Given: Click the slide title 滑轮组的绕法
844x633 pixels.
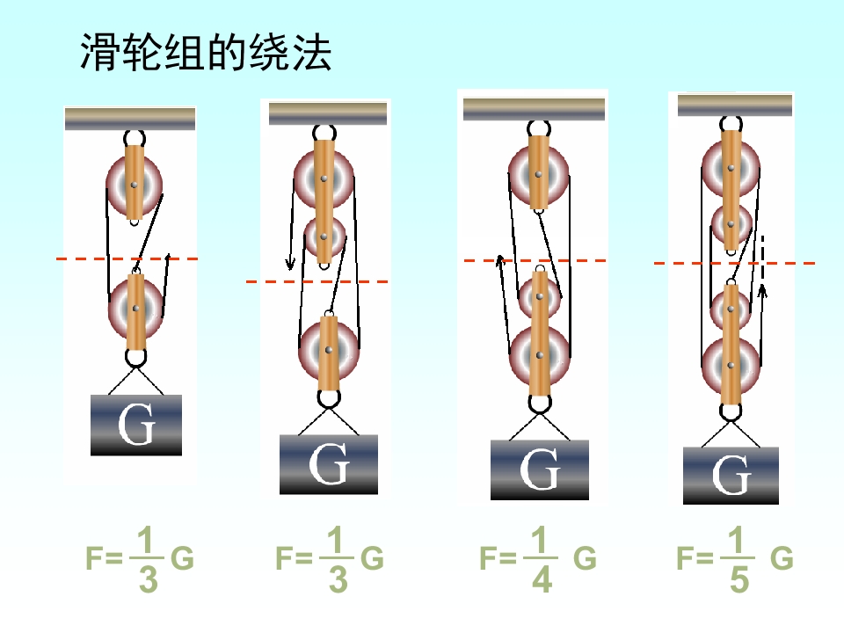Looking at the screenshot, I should [206, 53].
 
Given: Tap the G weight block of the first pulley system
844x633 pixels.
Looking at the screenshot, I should [136, 425].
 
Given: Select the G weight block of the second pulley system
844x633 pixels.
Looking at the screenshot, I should [329, 464].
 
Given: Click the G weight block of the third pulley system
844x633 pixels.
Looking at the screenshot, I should [539, 469].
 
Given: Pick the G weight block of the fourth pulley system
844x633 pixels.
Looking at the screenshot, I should [731, 475].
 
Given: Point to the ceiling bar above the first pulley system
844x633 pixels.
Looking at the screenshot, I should [130, 119].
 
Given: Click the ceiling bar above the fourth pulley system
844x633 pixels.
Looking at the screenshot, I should [735, 105].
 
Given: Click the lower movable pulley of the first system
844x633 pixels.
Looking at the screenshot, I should [135, 308].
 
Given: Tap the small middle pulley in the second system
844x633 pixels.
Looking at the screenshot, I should [324, 236].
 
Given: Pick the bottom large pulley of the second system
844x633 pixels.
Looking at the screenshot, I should [329, 350].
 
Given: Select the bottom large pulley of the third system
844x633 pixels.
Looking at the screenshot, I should [539, 354].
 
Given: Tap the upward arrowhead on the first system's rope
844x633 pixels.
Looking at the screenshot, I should [168, 256].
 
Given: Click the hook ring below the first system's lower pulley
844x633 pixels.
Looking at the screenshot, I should [135, 358].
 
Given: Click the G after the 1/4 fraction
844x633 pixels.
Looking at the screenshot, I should [585, 558].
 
